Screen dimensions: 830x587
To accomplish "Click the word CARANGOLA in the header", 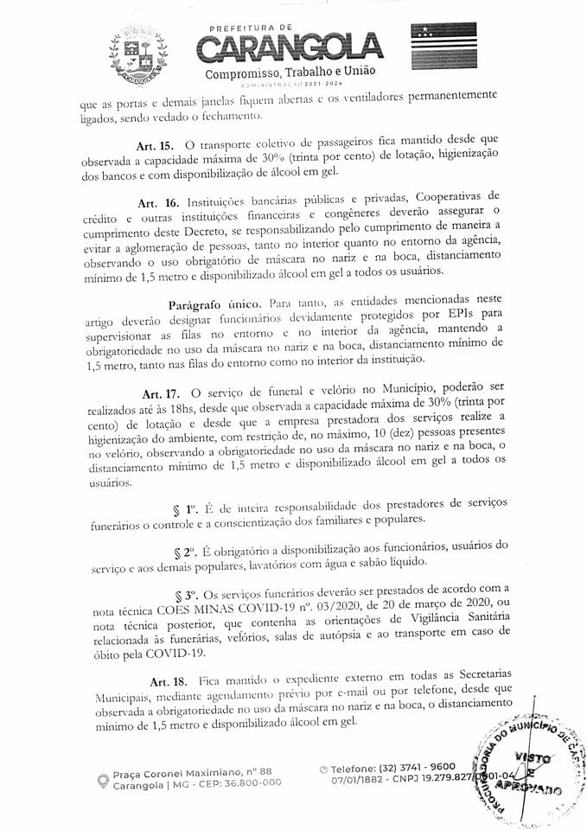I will click(290, 48).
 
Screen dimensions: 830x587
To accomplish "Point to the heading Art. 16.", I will click(156, 201).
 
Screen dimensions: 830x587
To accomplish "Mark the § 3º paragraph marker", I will click(188, 596).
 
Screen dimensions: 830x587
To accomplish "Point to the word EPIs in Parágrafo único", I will click(467, 318).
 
